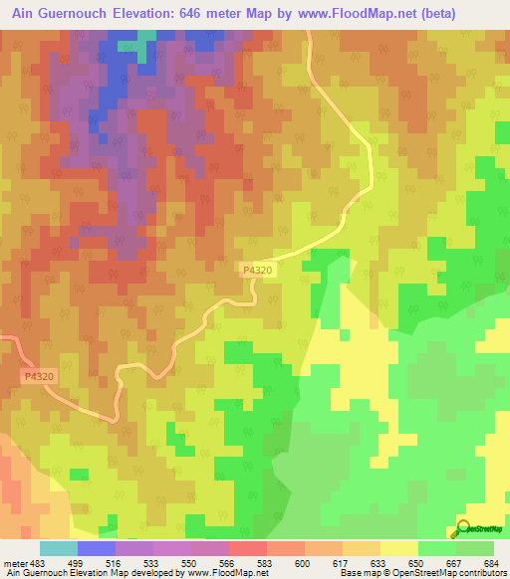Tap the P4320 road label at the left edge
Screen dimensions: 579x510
[x=37, y=376]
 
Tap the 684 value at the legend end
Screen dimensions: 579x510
[x=491, y=563]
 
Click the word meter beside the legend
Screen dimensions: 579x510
[x=14, y=563]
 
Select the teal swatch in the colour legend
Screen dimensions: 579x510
[x=58, y=548]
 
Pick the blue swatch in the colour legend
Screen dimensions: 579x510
[x=96, y=548]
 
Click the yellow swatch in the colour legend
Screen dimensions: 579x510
[x=398, y=548]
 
